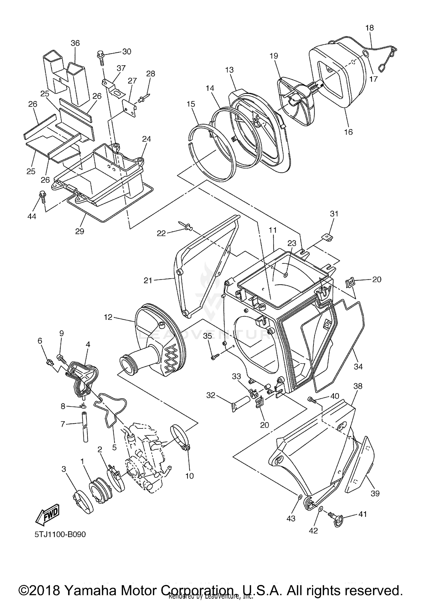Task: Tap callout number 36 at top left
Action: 75,43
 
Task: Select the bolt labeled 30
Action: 100,55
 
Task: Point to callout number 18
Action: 370,28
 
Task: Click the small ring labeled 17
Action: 366,54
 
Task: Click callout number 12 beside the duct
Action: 108,317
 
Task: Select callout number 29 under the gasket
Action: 80,231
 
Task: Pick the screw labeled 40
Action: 311,399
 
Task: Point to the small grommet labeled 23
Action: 286,274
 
